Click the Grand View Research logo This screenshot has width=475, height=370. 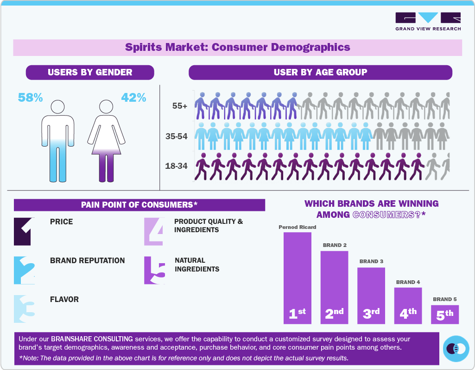pos(428,21)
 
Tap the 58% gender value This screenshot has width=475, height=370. pos(30,98)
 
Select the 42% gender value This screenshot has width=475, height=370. pos(133,98)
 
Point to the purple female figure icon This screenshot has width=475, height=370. pos(107,141)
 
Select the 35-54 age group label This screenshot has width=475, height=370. pos(177,136)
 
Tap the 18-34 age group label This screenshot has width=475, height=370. pos(177,165)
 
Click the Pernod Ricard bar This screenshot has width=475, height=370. pos(297,277)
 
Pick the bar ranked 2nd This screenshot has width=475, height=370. pos(334,287)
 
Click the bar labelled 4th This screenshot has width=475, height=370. pos(408,305)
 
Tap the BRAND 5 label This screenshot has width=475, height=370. pos(445,299)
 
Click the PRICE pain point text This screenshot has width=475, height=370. pos(61,222)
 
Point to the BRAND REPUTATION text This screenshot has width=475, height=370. pos(87,260)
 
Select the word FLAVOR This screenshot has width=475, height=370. pos(64,299)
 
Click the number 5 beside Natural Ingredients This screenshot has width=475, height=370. pos(155,271)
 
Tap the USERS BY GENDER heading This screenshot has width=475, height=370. pos(90,72)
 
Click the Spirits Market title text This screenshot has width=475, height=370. pos(237,47)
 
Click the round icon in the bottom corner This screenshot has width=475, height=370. pos(456,349)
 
